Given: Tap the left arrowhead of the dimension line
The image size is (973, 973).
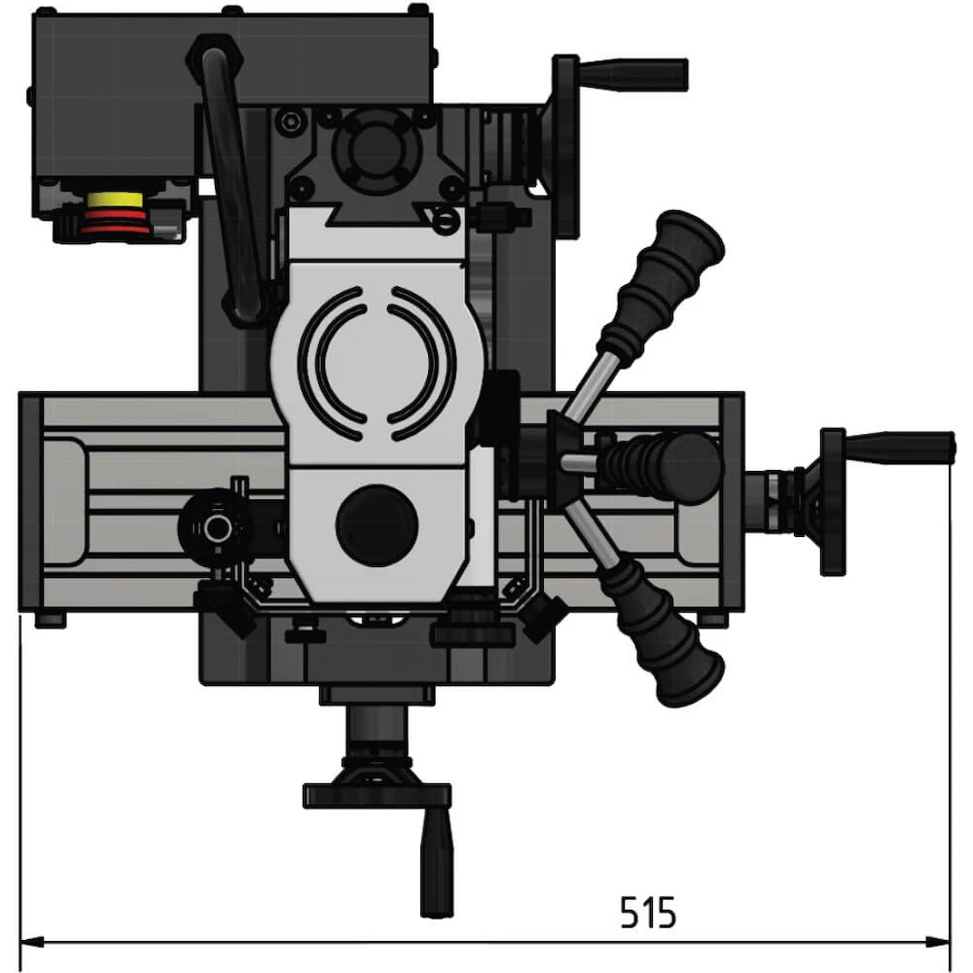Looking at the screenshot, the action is tap(32, 942).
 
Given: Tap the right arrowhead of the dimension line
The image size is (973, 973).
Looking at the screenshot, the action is tap(937, 942).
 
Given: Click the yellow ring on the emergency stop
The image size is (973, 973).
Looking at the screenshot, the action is tap(115, 200).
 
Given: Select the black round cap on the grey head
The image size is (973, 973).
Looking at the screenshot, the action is tap(377, 525).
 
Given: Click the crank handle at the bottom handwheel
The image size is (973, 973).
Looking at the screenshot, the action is tap(436, 867).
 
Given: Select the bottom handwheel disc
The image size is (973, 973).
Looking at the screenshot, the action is tap(377, 797).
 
